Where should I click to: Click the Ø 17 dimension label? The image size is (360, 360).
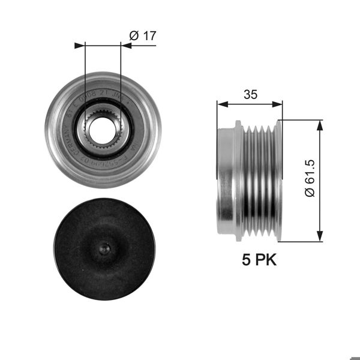(142, 36)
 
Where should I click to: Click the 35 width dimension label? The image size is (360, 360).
(251, 94)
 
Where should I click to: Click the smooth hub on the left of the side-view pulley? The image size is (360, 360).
(227, 180)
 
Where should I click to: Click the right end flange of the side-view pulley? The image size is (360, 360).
(278, 180)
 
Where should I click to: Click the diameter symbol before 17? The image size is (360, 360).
(134, 36)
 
